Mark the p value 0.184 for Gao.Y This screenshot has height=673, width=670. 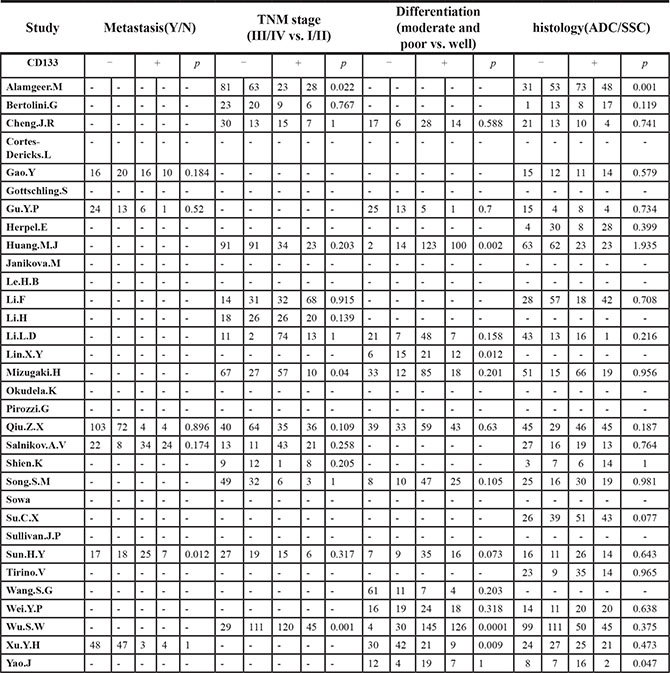[194, 172]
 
